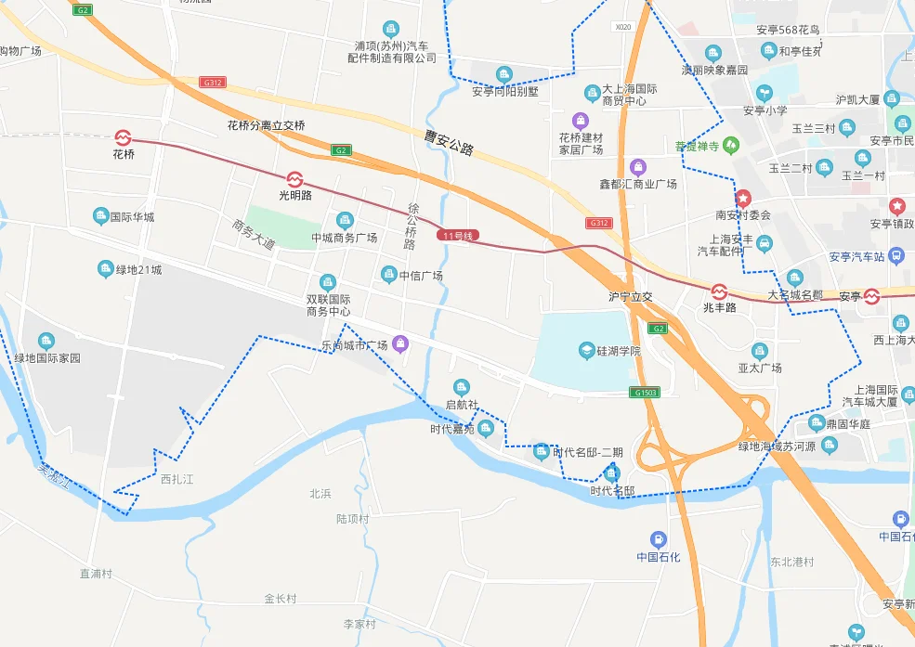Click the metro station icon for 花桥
click(x=124, y=138)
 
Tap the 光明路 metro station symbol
click(x=295, y=178)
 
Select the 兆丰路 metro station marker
click(x=719, y=291)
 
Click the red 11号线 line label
click(x=457, y=236)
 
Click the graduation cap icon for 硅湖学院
click(x=586, y=350)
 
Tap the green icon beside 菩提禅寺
click(x=731, y=145)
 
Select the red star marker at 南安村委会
click(x=743, y=199)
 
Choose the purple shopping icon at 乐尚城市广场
click(x=400, y=344)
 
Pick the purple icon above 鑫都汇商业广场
click(x=637, y=168)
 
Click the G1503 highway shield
click(x=643, y=393)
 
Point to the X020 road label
click(x=622, y=27)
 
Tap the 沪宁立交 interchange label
click(x=631, y=297)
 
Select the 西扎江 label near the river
click(x=176, y=479)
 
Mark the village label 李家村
click(x=359, y=624)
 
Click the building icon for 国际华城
click(x=101, y=216)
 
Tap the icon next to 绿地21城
click(x=106, y=269)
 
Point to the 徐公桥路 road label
click(x=412, y=226)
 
